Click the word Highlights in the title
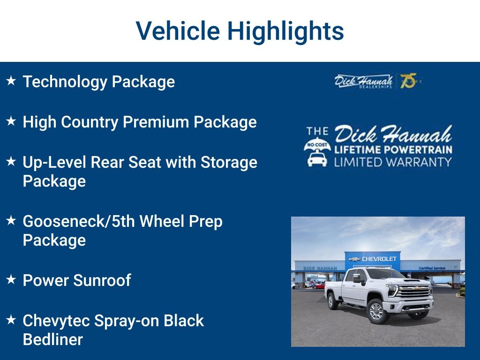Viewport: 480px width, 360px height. click(285, 31)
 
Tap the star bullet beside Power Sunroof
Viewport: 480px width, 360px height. click(11, 280)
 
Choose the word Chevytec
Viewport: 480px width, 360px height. click(56, 321)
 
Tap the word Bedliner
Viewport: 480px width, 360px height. click(52, 339)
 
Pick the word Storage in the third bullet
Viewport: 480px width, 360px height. click(229, 162)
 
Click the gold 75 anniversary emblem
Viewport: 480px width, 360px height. click(408, 81)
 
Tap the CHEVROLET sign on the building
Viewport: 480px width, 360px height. click(379, 259)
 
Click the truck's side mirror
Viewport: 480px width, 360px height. click(357, 278)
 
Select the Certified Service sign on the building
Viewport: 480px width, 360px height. click(432, 268)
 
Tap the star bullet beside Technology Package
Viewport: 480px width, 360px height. click(11, 81)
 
